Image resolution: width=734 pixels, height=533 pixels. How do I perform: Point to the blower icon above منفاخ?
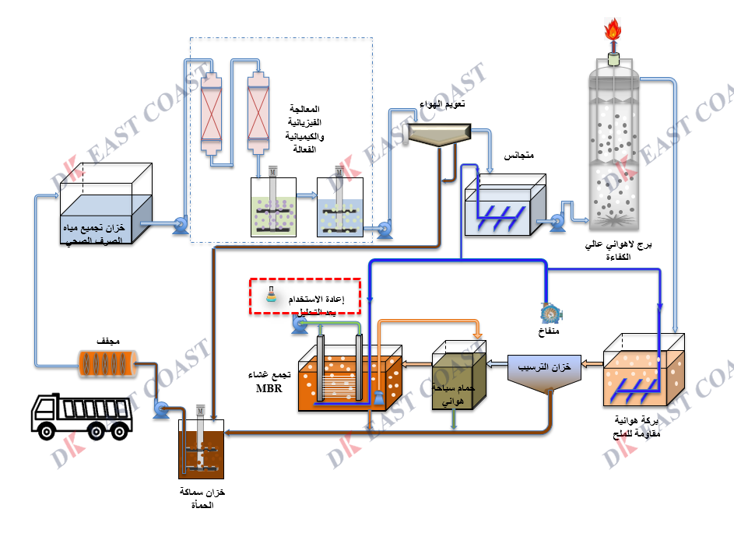pos(551,313)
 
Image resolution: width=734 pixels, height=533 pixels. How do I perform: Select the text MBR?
pos(269,388)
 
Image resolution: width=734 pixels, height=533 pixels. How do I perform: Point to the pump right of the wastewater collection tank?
pos(179,226)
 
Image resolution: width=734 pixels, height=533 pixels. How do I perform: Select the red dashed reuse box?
pos(306,296)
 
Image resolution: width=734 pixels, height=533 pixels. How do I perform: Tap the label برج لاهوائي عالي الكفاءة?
pos(617,251)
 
